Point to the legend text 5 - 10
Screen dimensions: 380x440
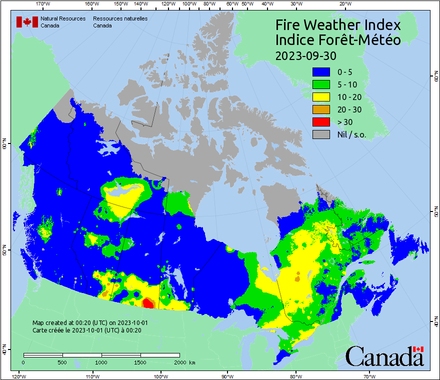[x=347, y=84]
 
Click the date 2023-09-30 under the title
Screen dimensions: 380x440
[x=305, y=54]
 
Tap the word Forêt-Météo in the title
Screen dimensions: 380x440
[x=360, y=40]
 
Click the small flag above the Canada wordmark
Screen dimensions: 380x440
[x=418, y=349]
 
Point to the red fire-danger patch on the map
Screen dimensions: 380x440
[x=148, y=303]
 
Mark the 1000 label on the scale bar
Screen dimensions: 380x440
[x=101, y=362]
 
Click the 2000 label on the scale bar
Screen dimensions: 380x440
[x=179, y=362]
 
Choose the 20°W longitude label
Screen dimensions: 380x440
[x=344, y=4]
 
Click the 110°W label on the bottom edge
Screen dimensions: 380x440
[x=92, y=376]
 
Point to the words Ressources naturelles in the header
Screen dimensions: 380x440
[x=120, y=18]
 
